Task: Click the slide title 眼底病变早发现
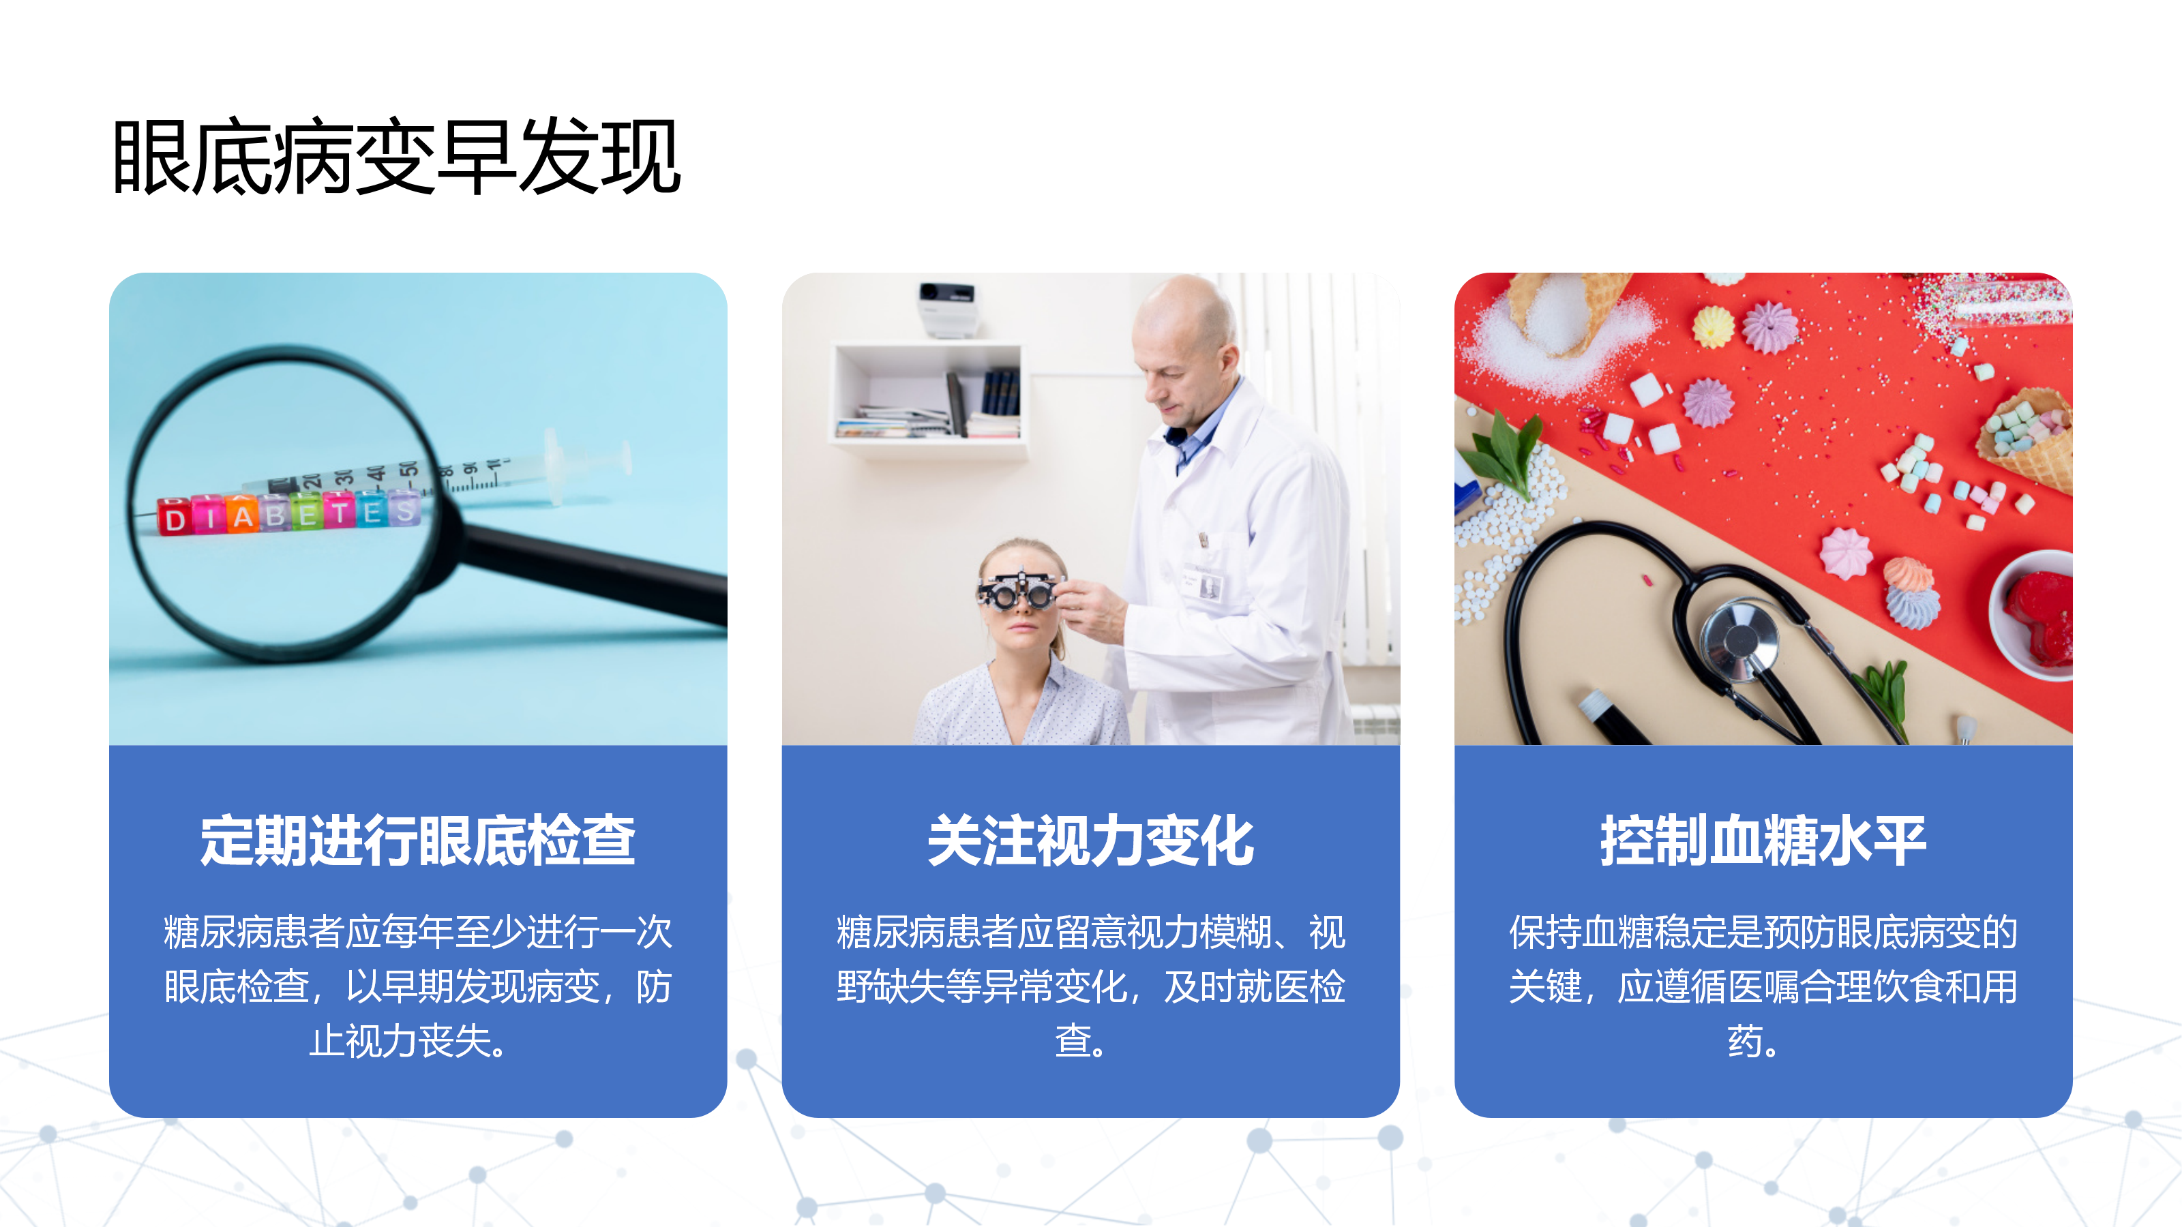click(396, 157)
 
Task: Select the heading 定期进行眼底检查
click(417, 841)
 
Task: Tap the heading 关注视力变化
click(1090, 841)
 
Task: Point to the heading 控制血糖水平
click(1763, 841)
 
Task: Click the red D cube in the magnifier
click(175, 517)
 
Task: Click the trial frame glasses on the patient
click(1017, 590)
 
